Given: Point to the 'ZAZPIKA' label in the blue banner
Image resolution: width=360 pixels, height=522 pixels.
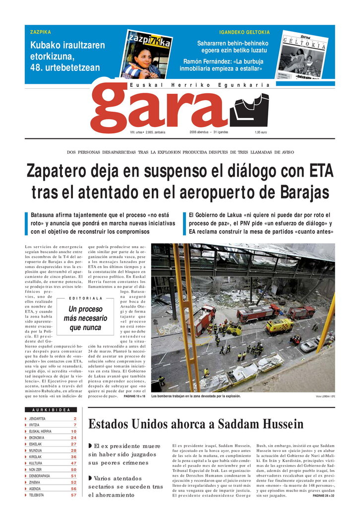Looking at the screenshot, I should coord(41,32).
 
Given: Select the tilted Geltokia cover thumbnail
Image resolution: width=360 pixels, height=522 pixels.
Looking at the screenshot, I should coord(305,56).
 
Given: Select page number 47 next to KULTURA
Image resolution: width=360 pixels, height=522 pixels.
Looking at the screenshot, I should coord(73,463).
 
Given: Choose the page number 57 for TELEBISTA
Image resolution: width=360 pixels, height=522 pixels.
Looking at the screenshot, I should coord(73,495).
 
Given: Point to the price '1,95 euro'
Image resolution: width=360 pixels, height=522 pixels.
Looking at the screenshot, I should coord(261,132).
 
